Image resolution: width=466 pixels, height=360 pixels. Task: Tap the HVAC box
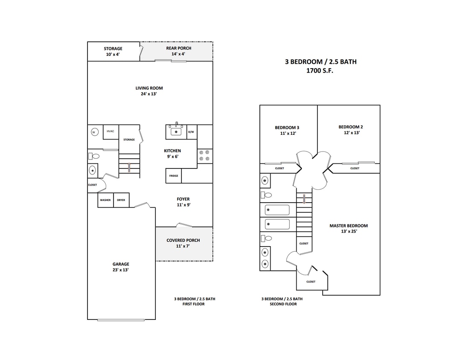(111, 131)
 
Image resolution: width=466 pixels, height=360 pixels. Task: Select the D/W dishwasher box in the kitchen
(191, 132)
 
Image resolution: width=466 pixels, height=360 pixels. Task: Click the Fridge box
(174, 176)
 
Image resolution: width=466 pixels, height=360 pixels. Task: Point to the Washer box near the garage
(105, 200)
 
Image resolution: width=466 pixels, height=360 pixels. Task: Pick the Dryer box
(121, 200)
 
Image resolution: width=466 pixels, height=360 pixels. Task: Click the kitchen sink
(176, 131)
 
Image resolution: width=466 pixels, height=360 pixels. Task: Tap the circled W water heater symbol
(93, 132)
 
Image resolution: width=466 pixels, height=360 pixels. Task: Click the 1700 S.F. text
(320, 71)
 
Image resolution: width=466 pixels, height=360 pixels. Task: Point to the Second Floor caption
(283, 304)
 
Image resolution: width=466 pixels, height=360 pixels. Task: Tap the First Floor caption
(194, 304)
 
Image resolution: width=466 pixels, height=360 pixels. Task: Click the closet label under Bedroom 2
(355, 168)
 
